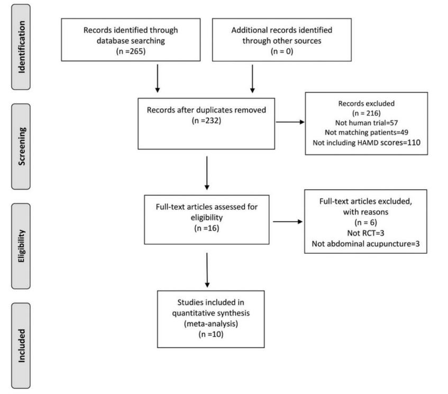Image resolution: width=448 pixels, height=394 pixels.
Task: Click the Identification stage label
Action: coord(22,47)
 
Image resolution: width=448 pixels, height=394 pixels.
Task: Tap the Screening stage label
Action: coord(22,146)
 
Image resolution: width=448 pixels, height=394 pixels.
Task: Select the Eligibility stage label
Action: coord(22,246)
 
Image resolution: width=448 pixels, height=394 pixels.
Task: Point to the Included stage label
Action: coord(22,346)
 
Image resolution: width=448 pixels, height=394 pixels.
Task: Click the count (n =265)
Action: coord(131,51)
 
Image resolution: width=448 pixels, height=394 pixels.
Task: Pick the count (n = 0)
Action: coord(282,51)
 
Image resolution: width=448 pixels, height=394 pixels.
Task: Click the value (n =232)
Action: coord(207,121)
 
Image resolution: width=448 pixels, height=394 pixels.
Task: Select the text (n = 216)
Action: coord(367,113)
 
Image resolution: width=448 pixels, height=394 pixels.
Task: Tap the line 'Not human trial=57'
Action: coord(367,123)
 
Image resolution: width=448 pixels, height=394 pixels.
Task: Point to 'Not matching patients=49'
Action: coord(367,132)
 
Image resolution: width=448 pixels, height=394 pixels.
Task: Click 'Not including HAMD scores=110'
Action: coord(367,142)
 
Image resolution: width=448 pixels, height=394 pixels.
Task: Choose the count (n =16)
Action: coord(207,228)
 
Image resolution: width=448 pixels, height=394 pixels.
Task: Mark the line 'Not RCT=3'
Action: coord(365,233)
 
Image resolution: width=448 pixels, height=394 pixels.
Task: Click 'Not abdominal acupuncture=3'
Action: coord(365,244)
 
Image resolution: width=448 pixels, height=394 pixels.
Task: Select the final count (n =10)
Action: coord(211,334)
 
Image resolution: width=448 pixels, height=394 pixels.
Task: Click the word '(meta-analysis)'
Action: coord(211,324)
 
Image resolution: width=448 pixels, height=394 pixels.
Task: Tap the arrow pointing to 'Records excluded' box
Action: coord(290,122)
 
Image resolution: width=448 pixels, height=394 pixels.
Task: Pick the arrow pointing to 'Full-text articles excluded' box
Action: coord(288,222)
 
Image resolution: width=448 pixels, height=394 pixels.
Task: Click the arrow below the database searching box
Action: coord(158,79)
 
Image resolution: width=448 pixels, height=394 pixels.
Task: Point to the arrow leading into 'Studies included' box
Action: coord(207,270)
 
